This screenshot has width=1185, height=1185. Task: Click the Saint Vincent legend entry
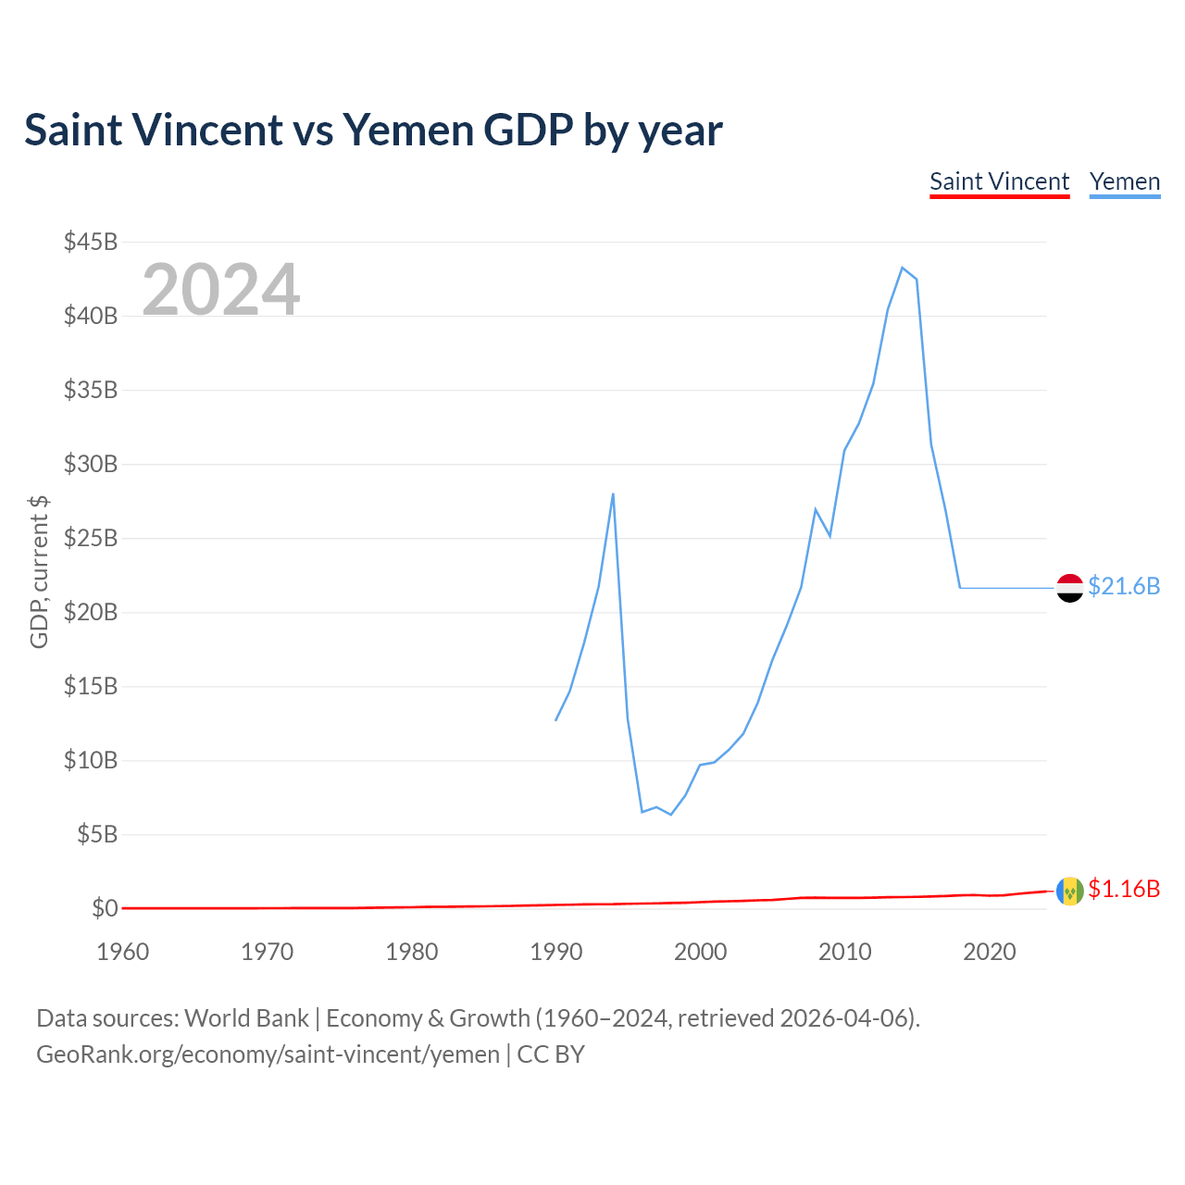(x=999, y=181)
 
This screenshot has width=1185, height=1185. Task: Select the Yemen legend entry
(x=1125, y=181)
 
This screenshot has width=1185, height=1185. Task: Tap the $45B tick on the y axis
(x=91, y=243)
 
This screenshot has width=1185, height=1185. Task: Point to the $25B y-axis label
(x=91, y=539)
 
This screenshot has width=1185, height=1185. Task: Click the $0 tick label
(x=105, y=909)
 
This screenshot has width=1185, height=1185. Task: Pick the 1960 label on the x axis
(x=122, y=952)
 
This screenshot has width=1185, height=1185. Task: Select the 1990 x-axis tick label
(x=555, y=952)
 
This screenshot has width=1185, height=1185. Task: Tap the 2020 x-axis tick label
(x=989, y=952)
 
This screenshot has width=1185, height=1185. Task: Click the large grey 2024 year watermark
(x=220, y=290)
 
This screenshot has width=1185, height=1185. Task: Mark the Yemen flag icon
(x=1070, y=588)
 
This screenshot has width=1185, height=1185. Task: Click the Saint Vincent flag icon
(x=1070, y=891)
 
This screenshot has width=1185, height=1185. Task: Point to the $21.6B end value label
(x=1124, y=587)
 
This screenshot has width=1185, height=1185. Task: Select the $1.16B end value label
(x=1124, y=890)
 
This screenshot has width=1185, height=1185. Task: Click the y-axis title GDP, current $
(x=39, y=572)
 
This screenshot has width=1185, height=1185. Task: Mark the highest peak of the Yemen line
(x=902, y=268)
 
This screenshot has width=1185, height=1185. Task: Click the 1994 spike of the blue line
(x=613, y=493)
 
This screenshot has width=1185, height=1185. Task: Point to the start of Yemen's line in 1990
(x=555, y=719)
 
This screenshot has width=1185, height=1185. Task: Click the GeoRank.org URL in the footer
(x=268, y=1054)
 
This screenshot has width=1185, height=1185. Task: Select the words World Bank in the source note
(x=246, y=1018)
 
